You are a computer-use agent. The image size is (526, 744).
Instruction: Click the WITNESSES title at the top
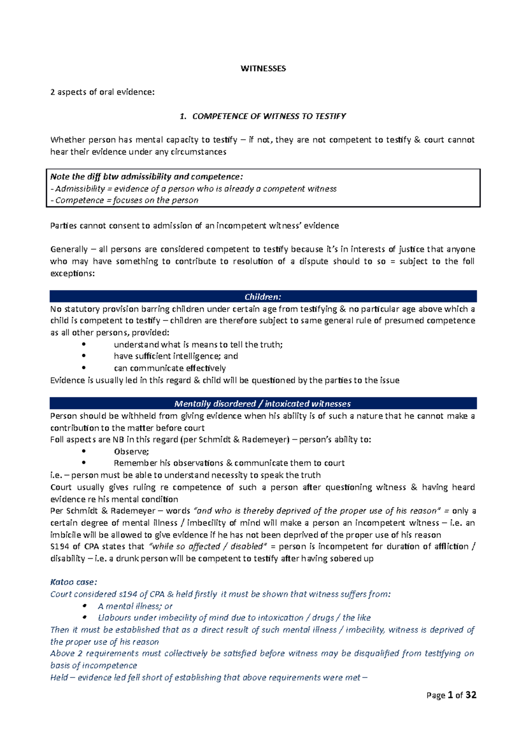tap(263, 68)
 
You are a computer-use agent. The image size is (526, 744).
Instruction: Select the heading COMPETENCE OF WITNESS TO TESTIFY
tap(269, 116)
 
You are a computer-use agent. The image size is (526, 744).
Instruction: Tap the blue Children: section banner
tap(263, 297)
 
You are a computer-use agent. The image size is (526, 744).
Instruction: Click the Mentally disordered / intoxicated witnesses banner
tap(263, 404)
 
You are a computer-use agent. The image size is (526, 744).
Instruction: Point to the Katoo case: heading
tap(73, 582)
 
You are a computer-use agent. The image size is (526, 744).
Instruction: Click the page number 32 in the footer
tap(471, 695)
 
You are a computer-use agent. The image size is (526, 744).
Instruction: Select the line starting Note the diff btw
tap(146, 177)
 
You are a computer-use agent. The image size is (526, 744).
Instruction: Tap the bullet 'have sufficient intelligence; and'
tap(176, 356)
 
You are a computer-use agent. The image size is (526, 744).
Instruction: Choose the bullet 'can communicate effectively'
tap(170, 368)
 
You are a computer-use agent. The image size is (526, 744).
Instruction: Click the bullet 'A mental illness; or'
tap(135, 606)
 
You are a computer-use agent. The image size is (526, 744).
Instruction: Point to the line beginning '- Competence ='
tap(124, 200)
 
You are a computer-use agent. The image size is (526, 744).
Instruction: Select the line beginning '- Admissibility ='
tap(193, 188)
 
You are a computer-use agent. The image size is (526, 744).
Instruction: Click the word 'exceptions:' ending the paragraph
tap(72, 273)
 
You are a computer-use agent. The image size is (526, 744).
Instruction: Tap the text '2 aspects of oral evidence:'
tap(103, 92)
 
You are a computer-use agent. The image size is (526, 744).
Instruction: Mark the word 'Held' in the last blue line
tap(59, 677)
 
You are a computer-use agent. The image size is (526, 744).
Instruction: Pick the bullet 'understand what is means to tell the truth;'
tap(198, 344)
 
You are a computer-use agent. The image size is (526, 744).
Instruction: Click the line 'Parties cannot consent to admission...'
tap(195, 226)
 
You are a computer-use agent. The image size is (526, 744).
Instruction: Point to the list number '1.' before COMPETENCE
tap(183, 116)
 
